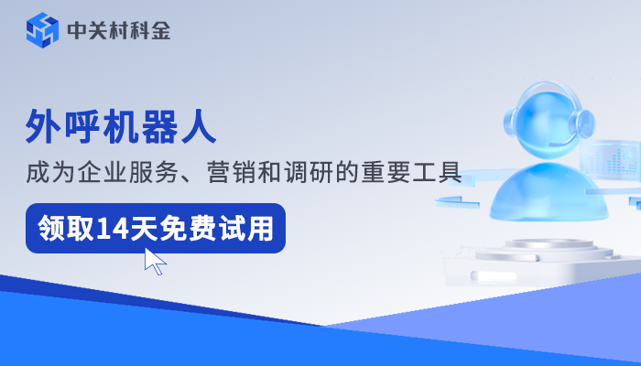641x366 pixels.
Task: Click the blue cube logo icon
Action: point(42,30)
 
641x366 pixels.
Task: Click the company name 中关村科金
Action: point(118,30)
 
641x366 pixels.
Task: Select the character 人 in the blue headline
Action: point(200,127)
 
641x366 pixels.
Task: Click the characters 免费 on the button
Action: point(186,228)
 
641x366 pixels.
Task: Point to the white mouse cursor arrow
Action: point(155,261)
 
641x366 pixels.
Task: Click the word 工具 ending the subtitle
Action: point(439,173)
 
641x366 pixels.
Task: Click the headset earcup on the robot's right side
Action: point(583,124)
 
